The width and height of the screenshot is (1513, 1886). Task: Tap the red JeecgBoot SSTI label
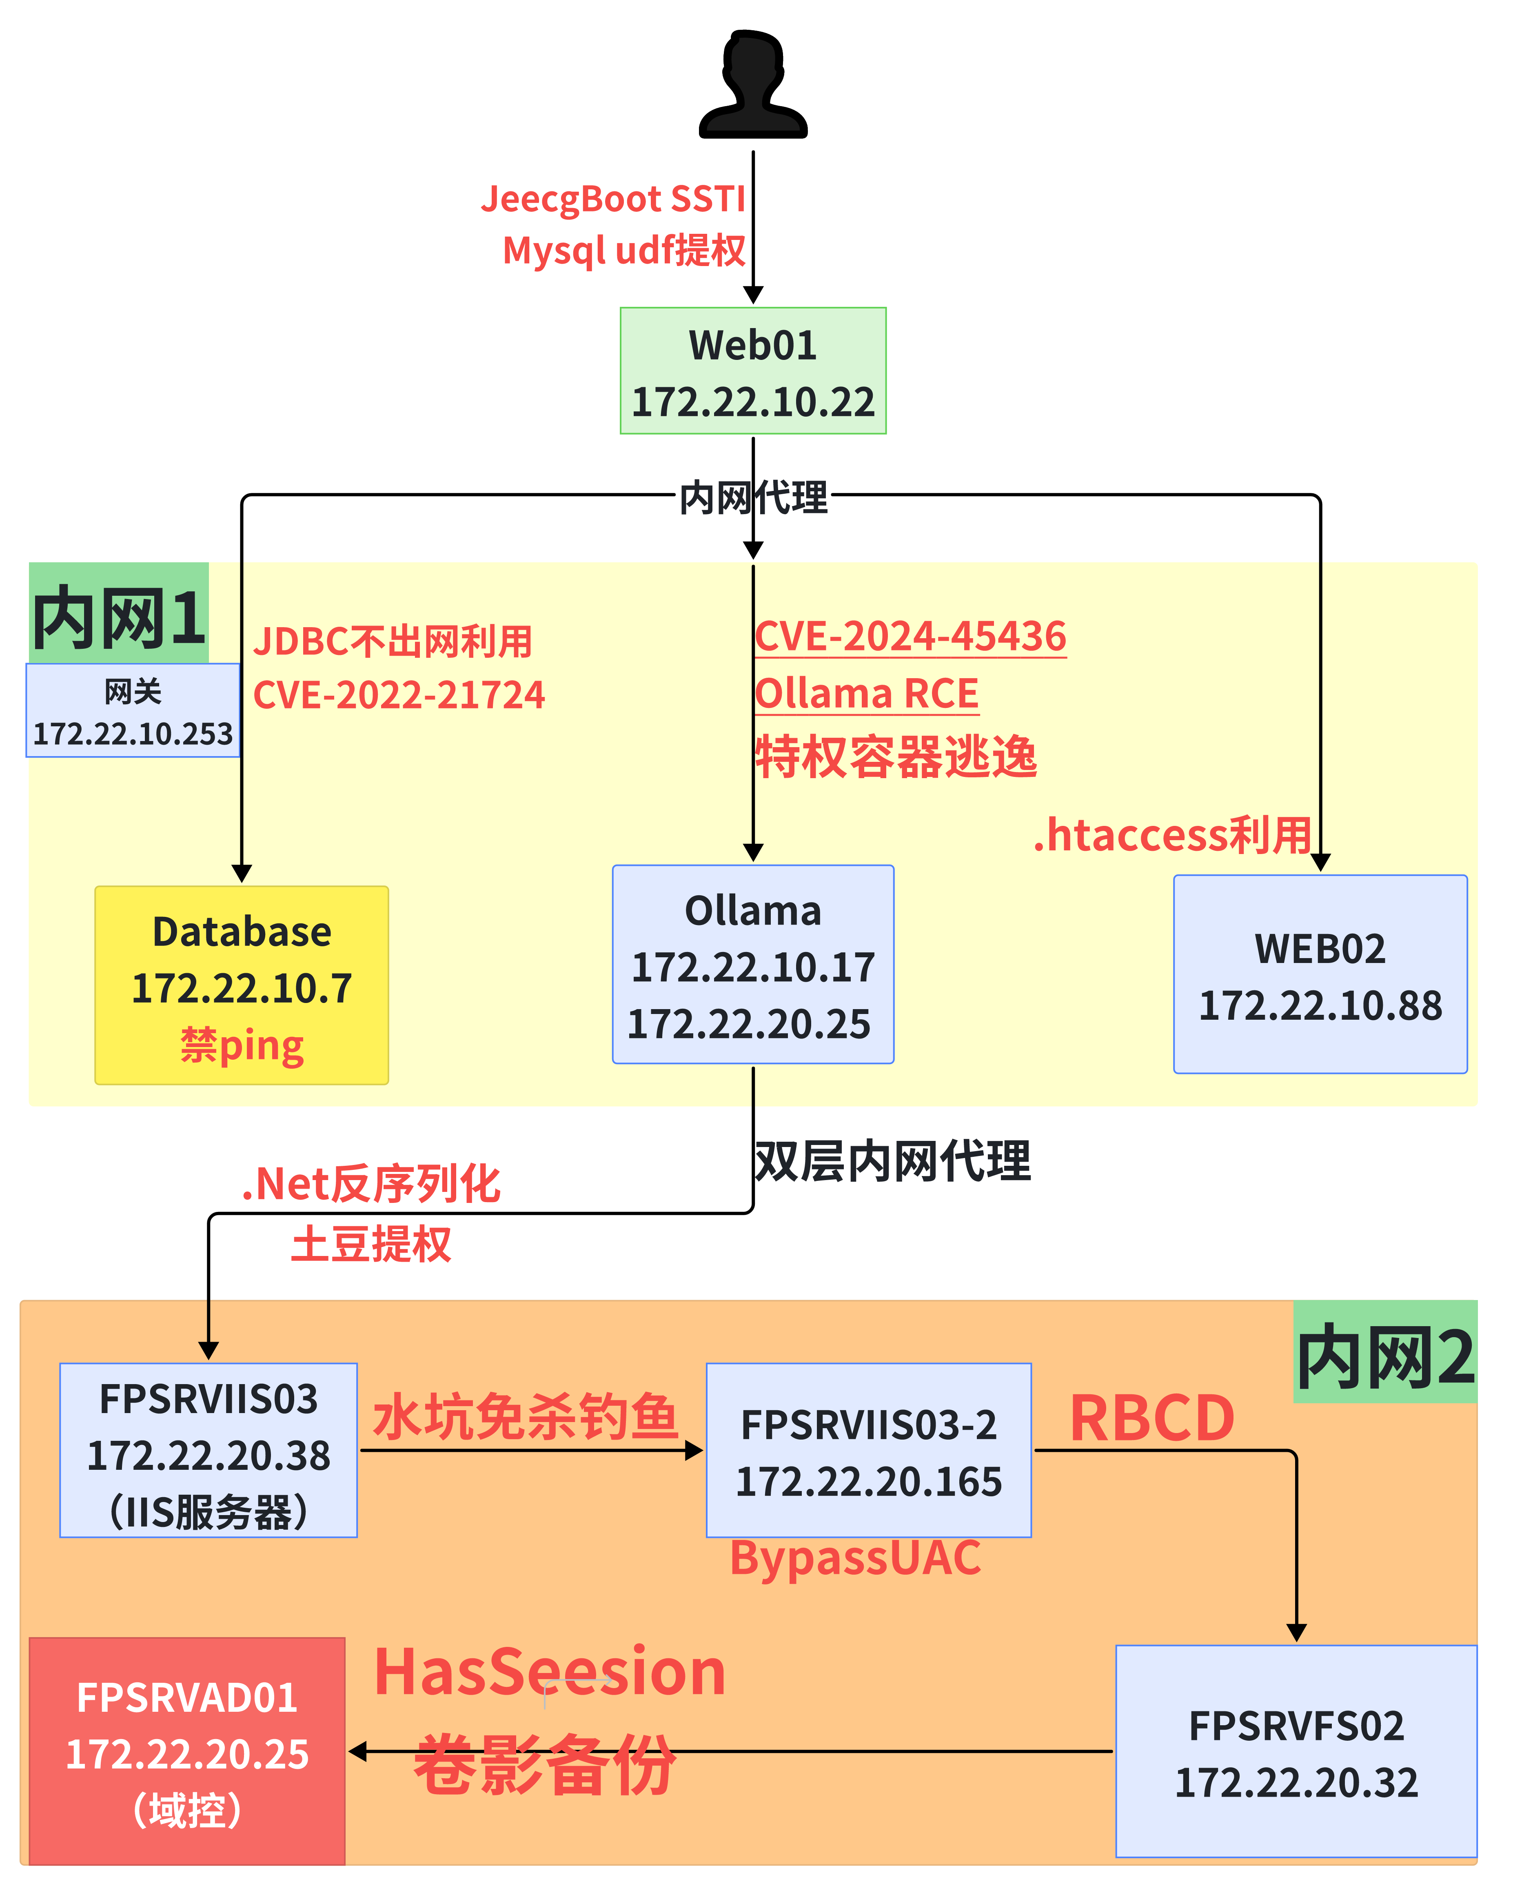point(612,200)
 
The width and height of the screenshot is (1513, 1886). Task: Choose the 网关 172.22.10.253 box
point(133,710)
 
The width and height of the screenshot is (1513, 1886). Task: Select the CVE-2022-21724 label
point(399,695)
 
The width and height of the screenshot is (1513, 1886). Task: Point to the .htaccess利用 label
point(1172,835)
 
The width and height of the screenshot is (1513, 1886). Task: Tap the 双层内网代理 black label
point(892,1162)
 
